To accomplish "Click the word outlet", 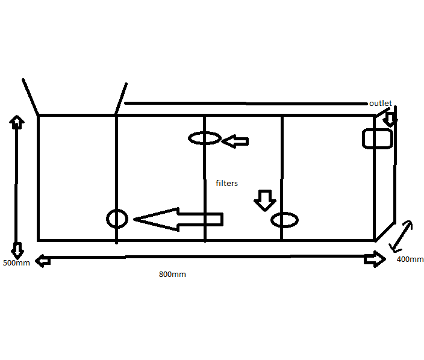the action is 381,103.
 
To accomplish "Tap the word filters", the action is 226,183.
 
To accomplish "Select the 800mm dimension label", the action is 172,275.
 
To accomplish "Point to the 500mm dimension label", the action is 16,262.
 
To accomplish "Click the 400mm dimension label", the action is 410,259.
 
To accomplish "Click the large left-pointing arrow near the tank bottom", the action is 178,219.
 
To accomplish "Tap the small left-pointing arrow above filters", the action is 235,141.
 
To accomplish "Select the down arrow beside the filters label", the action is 265,200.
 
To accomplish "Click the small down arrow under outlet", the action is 390,119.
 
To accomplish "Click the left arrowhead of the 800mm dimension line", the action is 43,261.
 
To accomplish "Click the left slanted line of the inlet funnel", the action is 30,97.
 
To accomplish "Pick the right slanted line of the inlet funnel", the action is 121,98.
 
